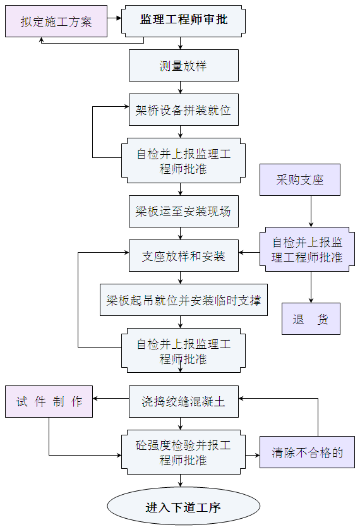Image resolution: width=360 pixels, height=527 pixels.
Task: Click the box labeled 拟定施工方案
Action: pos(56,21)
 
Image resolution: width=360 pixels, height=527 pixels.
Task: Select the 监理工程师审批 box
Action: pos(183,20)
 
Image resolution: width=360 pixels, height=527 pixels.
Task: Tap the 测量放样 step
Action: pos(183,66)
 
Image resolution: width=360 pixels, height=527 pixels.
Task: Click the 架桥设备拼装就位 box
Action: pos(183,111)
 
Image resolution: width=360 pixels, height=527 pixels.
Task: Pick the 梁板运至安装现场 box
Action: pos(183,211)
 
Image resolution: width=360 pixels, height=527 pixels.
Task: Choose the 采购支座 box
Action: pos(300,179)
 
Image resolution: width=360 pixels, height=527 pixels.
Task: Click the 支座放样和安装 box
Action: pos(183,256)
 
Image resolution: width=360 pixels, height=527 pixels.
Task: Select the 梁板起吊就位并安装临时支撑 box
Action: pos(183,300)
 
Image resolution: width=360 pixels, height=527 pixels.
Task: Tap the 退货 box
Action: pos(310,319)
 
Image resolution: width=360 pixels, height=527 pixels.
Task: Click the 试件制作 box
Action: pos(49,401)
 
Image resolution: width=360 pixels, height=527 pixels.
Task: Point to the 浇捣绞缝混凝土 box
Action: pos(183,401)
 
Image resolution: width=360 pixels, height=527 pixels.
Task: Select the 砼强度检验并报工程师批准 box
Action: pos(183,452)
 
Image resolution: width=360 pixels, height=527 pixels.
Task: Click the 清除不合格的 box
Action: pos(307,452)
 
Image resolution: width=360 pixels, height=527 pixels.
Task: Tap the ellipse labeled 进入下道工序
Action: pos(183,507)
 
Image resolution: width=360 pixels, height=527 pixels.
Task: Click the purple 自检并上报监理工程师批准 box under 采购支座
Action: pos(307,250)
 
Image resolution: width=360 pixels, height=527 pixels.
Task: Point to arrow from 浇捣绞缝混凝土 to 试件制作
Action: pos(111,399)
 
